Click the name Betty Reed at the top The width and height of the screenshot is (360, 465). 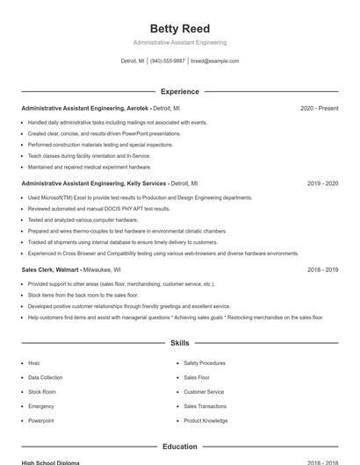[179, 28]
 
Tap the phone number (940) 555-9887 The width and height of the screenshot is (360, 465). [167, 61]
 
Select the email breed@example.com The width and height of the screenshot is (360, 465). [214, 61]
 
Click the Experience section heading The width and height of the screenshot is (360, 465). [179, 91]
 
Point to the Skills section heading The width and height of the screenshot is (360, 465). [179, 343]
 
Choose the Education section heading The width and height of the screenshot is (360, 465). [179, 447]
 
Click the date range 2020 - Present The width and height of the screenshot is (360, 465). [319, 108]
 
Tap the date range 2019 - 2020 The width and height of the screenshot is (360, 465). [322, 183]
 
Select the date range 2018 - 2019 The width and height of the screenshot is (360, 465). [322, 270]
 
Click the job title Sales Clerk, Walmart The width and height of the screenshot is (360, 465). [51, 270]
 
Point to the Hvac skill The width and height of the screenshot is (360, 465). [34, 362]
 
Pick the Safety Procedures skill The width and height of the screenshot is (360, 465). [205, 362]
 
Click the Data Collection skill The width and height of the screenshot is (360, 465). [46, 377]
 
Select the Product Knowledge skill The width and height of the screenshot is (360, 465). [205, 421]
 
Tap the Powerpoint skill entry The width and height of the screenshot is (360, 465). [41, 421]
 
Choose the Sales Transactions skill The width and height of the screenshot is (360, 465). [205, 406]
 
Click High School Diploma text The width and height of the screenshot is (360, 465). [50, 462]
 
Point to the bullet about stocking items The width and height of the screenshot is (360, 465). [83, 296]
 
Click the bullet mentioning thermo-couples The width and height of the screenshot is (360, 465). [127, 231]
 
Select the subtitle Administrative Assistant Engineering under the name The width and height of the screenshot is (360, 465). [179, 42]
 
